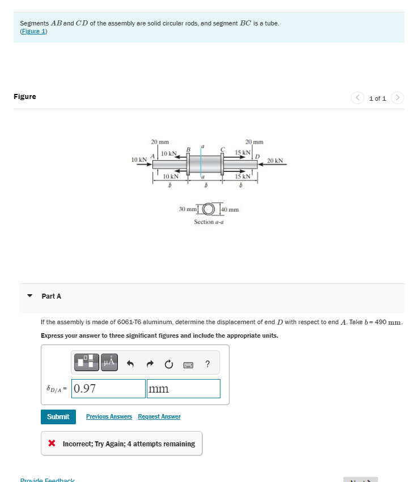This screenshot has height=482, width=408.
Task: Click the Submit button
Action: (58, 417)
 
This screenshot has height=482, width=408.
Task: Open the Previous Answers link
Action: (109, 417)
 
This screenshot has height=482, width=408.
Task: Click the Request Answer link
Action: (159, 417)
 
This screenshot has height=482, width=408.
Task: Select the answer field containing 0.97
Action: (108, 389)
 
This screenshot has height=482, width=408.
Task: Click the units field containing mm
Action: (183, 389)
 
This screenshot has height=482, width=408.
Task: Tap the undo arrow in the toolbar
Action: (130, 363)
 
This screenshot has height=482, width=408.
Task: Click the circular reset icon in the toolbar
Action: (168, 363)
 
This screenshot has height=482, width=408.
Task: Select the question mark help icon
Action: (207, 363)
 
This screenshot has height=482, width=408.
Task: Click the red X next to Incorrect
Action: (52, 444)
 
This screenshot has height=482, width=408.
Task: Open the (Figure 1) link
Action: (33, 31)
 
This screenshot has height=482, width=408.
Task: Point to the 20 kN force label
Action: (275, 161)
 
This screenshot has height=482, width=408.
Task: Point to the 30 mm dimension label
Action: (187, 209)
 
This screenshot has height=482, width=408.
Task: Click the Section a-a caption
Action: (209, 222)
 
